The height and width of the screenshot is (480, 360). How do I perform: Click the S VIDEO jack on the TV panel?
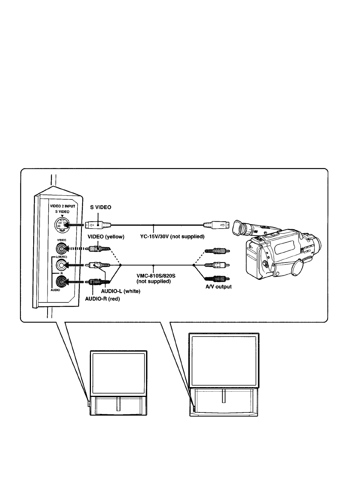coord(62,225)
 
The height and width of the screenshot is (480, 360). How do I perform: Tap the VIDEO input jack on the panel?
coord(62,248)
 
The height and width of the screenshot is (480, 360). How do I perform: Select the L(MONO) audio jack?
coord(62,265)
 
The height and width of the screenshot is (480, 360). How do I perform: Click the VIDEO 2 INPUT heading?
coord(63,206)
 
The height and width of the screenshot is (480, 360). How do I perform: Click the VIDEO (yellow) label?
coord(106,237)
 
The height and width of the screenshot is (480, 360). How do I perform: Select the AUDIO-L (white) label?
coord(121,291)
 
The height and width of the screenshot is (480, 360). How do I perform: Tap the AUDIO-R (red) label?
coord(102,299)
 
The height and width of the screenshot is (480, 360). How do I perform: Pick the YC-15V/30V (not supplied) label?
coord(172,236)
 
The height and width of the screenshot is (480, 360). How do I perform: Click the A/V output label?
coord(218,287)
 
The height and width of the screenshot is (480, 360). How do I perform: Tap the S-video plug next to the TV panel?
coord(98,225)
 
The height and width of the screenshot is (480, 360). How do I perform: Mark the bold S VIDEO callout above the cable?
coord(101,207)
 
